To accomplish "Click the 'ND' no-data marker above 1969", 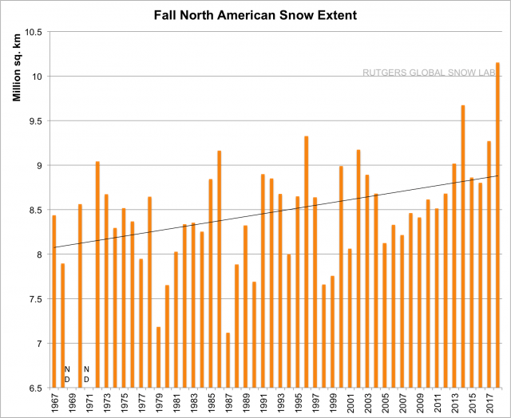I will point(66,374).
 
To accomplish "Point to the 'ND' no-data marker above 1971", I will point(86,374).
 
